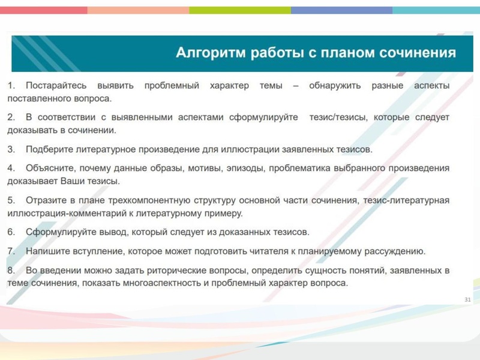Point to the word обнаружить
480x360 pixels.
pyautogui.click(x=335, y=86)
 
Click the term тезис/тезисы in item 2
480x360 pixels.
pyautogui.click(x=337, y=118)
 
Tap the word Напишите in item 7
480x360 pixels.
pyautogui.click(x=50, y=251)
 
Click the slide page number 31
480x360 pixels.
pyautogui.click(x=468, y=299)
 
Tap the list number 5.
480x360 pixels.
pyautogui.click(x=11, y=200)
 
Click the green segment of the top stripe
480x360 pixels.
pyautogui.click(x=240, y=10)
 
